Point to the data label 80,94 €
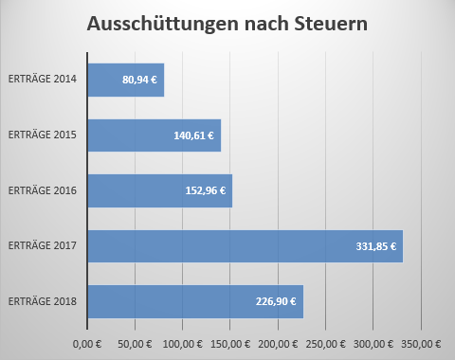(x=139, y=81)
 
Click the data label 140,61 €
(x=193, y=135)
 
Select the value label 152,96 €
(x=205, y=190)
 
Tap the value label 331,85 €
(x=376, y=246)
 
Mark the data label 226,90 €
(x=276, y=301)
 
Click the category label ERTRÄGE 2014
(x=43, y=81)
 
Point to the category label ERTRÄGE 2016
(x=43, y=190)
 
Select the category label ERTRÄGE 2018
(x=43, y=301)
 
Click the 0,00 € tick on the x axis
(x=86, y=342)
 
